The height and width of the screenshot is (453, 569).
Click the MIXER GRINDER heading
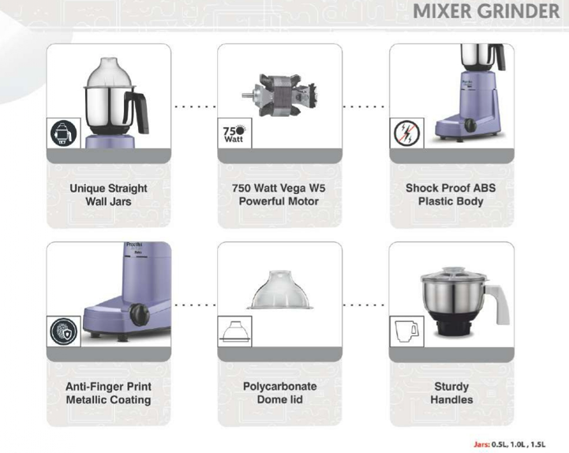(x=486, y=11)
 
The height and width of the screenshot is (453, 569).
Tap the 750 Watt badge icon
(x=234, y=133)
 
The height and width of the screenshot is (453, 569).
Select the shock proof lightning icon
(x=406, y=133)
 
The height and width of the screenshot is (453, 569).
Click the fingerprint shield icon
(x=63, y=331)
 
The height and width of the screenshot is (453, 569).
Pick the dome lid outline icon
(x=234, y=331)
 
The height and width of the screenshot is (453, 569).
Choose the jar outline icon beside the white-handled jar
(x=406, y=331)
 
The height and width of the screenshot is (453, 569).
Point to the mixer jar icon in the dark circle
(x=63, y=133)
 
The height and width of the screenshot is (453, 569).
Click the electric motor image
(x=279, y=95)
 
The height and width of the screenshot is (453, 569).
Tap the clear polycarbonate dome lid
(x=280, y=290)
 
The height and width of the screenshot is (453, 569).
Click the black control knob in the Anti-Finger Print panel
(x=140, y=314)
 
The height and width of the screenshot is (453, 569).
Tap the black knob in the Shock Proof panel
(x=470, y=125)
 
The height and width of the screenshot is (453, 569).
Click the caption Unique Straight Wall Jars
(x=108, y=195)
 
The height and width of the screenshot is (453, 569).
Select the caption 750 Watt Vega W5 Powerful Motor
(x=279, y=195)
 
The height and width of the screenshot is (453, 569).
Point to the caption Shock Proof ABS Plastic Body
(x=451, y=195)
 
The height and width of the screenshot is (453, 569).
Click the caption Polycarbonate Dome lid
(x=280, y=393)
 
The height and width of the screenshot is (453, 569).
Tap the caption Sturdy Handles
(x=451, y=393)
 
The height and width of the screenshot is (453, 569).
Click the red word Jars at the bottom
(x=481, y=444)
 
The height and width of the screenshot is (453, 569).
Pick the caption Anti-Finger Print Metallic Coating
(x=108, y=393)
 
